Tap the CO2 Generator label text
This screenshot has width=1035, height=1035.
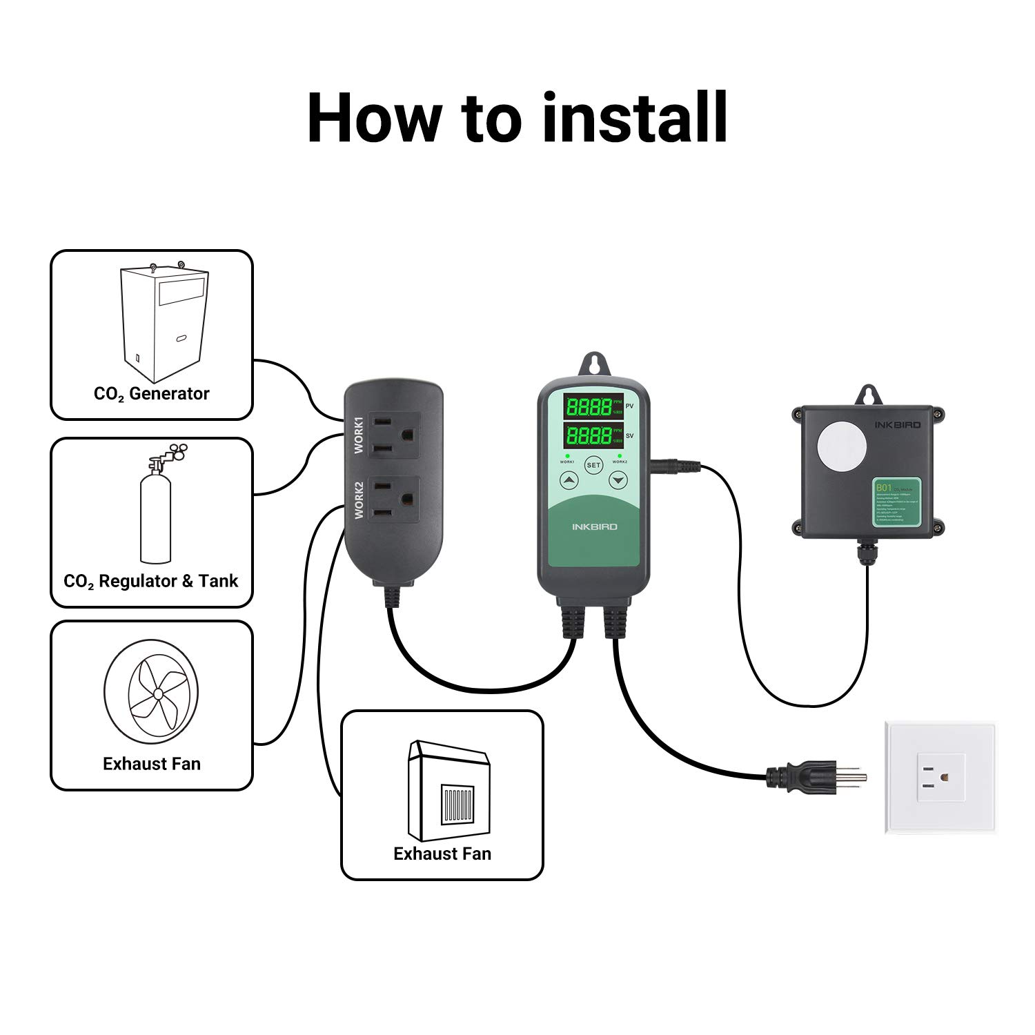point(151,394)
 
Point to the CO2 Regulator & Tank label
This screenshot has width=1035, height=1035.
point(150,582)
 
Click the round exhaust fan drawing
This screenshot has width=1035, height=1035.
point(152,691)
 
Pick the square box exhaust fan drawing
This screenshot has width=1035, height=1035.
point(448,791)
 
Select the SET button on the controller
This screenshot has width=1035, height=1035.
point(593,465)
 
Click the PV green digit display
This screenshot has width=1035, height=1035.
point(589,406)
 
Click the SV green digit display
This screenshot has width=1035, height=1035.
point(589,435)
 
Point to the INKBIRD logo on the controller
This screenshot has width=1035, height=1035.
point(594,526)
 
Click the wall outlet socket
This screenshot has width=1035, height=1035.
point(940,777)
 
